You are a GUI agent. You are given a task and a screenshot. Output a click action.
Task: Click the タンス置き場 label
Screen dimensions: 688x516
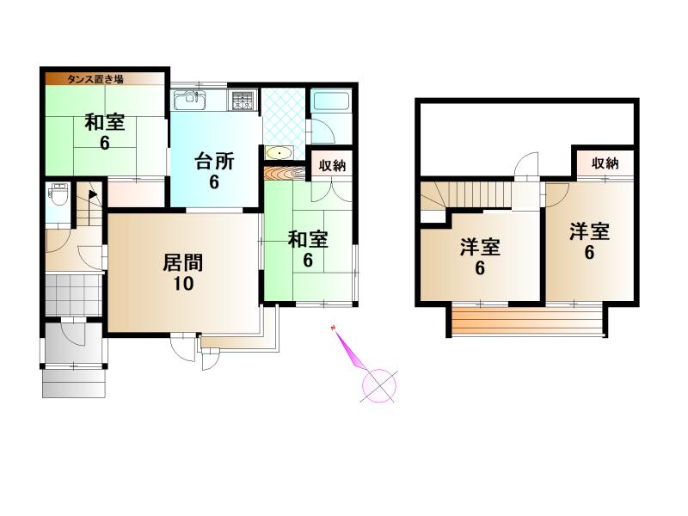click(x=95, y=79)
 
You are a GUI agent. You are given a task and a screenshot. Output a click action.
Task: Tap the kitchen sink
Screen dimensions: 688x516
click(x=190, y=101)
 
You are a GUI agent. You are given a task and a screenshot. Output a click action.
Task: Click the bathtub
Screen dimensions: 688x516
click(x=330, y=101)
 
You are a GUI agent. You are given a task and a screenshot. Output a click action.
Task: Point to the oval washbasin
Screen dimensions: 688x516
click(x=279, y=153)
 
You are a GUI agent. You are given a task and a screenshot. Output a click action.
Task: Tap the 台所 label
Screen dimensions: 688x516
click(x=214, y=162)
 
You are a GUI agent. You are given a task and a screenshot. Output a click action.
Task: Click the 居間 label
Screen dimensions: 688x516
click(x=183, y=263)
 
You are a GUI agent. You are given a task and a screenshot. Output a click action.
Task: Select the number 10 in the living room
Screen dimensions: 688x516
click(x=183, y=284)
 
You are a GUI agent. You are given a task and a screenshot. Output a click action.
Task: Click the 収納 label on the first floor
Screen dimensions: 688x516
click(x=332, y=165)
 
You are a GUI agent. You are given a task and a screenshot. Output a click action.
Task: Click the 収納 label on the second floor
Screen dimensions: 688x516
click(x=605, y=163)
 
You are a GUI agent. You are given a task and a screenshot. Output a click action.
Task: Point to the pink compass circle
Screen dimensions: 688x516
click(x=379, y=386)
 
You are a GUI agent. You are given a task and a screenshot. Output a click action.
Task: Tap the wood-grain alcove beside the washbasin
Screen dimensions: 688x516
click(x=286, y=173)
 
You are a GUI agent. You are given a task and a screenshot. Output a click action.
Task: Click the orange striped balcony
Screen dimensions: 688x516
click(x=527, y=321)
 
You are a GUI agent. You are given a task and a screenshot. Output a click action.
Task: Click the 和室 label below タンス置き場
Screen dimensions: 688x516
click(x=105, y=122)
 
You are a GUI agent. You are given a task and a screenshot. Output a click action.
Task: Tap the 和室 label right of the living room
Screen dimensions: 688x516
click(x=308, y=240)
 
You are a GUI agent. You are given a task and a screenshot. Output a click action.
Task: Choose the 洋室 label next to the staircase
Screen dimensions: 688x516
click(x=480, y=248)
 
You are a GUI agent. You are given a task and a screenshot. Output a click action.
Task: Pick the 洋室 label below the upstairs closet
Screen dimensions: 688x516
click(x=589, y=231)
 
